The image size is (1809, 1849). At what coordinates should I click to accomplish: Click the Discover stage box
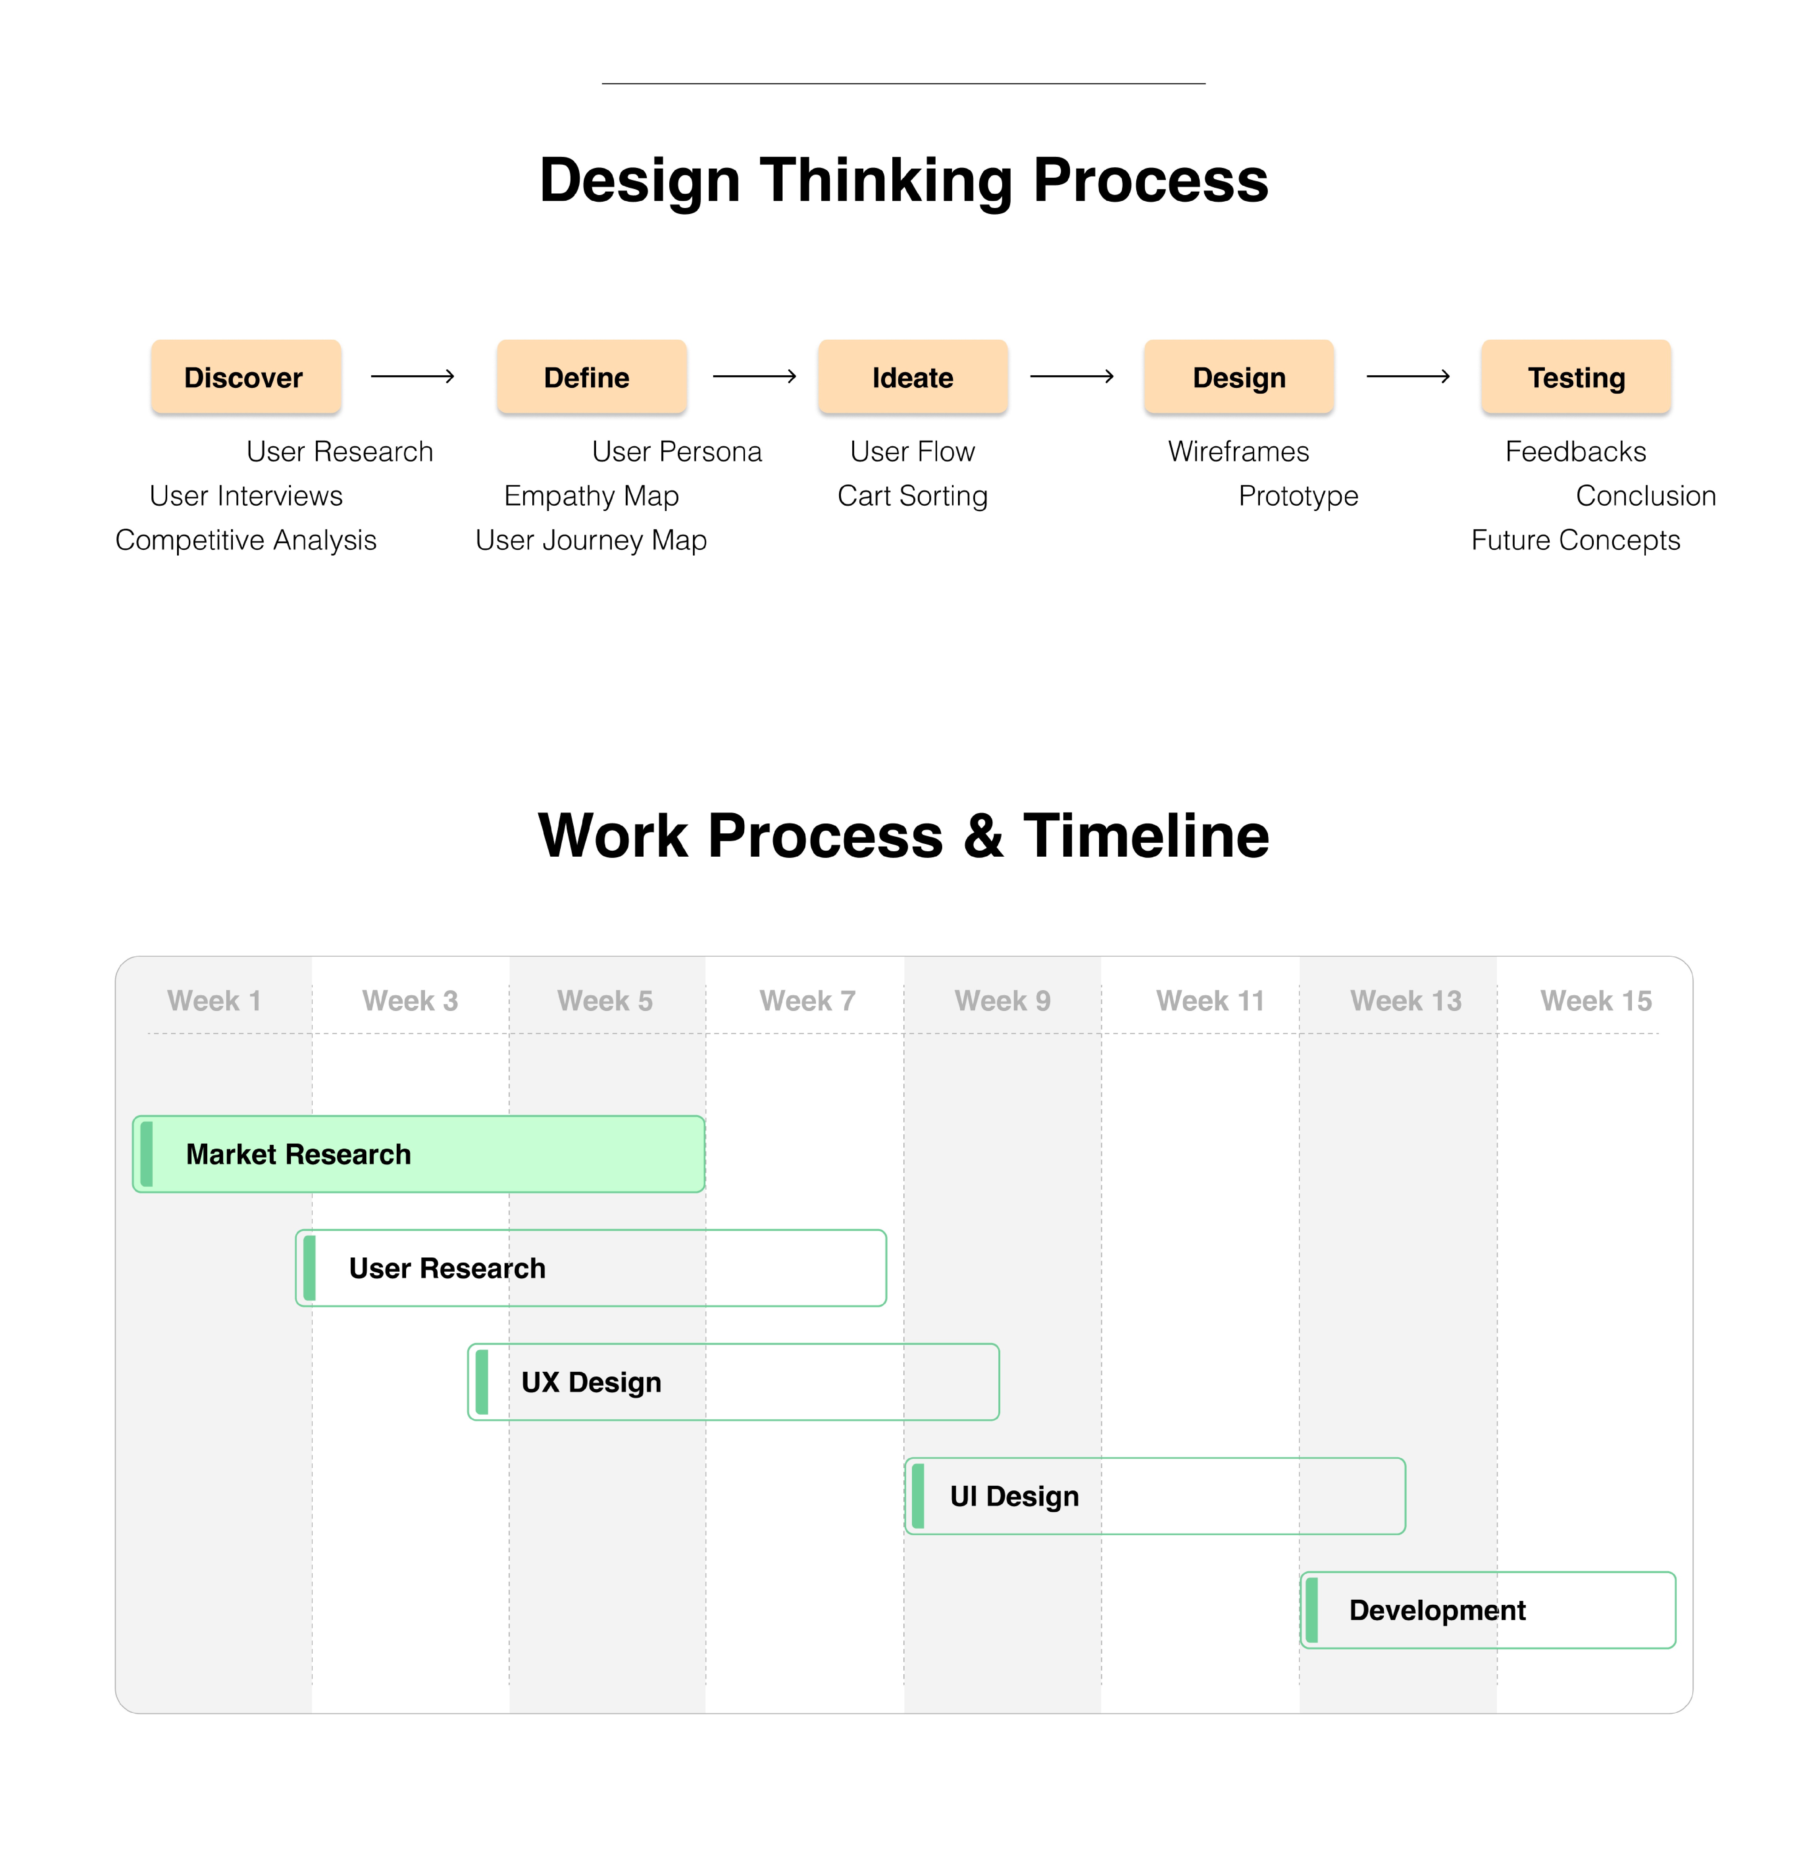coord(245,377)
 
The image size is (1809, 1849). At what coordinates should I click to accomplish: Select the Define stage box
coord(591,377)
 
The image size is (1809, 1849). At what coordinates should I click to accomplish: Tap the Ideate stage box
coord(912,377)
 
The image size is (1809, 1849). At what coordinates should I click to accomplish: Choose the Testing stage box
coord(1575,377)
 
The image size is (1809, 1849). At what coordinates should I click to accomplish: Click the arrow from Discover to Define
coord(412,377)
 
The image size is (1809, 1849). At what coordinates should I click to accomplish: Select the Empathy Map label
coord(591,496)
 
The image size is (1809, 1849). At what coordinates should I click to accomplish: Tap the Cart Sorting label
coord(912,496)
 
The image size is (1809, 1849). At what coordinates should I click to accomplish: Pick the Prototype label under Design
coord(1298,496)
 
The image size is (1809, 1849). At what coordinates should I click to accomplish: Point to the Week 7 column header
coord(807,1001)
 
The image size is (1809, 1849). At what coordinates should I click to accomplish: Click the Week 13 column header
coord(1405,1001)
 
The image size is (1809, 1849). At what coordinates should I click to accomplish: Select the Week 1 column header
coord(214,1001)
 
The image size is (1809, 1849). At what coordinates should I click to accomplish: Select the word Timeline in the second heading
coord(1146,836)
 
